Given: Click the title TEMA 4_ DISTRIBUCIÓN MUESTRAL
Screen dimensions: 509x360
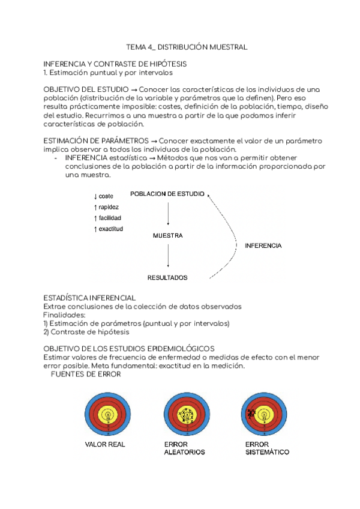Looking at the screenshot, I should point(187,47).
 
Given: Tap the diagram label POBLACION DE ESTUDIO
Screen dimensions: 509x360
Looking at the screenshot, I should point(167,194).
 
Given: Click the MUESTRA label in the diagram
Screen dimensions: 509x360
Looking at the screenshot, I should point(168,236).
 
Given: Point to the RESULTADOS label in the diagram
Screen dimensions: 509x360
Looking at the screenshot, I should point(167,278).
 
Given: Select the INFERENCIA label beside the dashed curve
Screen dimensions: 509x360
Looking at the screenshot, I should point(263,245).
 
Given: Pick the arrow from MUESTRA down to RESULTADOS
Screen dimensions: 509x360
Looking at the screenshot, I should point(168,256).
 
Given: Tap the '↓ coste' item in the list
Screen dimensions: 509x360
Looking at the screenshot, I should point(104,196).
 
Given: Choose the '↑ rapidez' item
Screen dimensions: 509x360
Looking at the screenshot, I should point(106,207).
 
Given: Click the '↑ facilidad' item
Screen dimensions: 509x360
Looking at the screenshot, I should point(107,218).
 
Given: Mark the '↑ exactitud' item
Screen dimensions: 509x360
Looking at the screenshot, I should point(109,229).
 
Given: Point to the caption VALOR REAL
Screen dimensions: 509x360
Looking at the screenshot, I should point(104,445).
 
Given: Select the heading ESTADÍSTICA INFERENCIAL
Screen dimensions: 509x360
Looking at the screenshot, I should point(90,298).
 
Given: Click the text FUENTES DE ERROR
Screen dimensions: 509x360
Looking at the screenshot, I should point(86,375).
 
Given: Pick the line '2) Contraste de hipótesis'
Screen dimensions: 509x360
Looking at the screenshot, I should point(86,332).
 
